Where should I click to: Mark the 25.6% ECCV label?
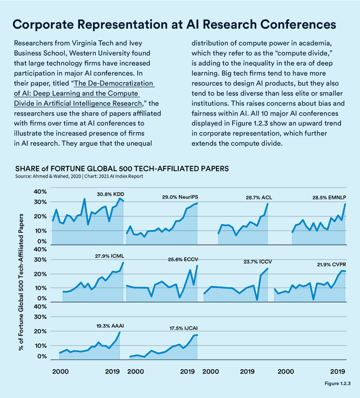click(x=183, y=259)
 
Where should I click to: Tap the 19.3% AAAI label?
click(x=110, y=326)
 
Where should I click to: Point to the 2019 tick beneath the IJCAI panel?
click(x=187, y=372)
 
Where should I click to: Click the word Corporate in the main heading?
click(x=48, y=25)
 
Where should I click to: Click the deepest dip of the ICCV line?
click(x=257, y=300)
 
